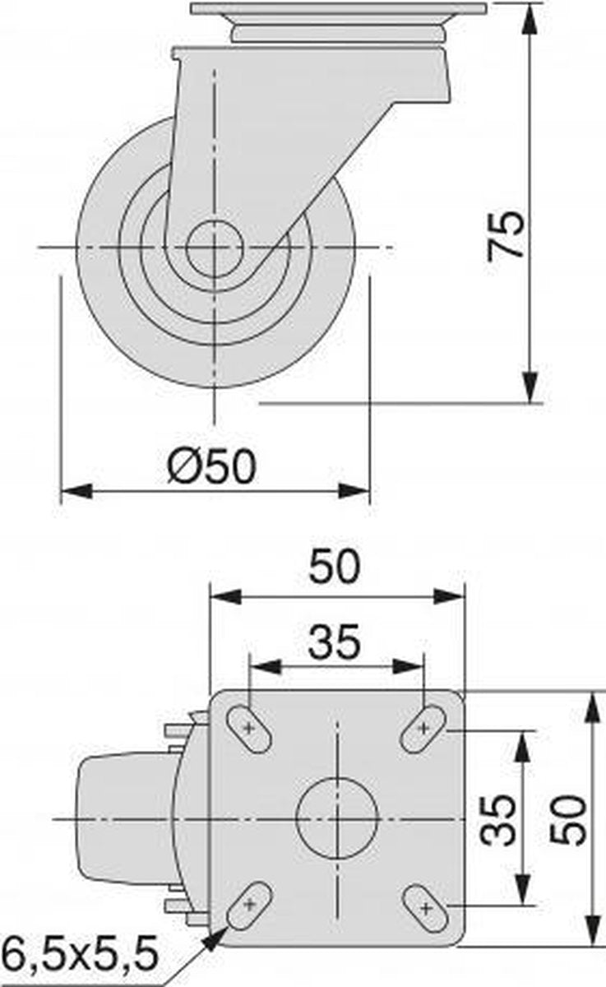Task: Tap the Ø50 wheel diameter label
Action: [x=212, y=466]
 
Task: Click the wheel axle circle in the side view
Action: [x=215, y=248]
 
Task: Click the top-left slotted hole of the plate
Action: [x=249, y=728]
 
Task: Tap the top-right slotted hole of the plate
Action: [x=423, y=728]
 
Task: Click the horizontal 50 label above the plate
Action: [x=335, y=566]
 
